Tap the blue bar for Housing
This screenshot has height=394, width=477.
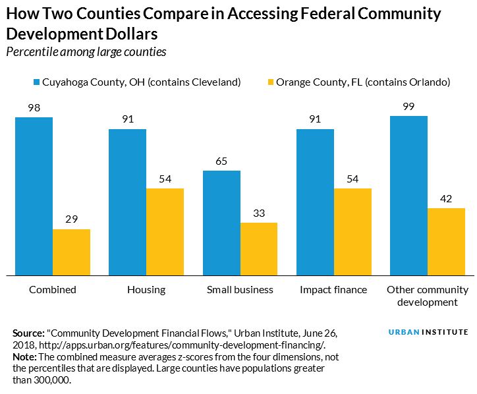point(127,202)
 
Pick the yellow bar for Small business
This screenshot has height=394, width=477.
point(259,248)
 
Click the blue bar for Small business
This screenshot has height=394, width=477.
point(221,223)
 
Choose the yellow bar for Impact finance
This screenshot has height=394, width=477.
point(352,231)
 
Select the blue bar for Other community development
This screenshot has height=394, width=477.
point(408,195)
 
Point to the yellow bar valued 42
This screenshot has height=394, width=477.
point(446,241)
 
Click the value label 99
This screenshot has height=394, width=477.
point(408,107)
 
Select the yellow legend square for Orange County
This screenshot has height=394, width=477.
point(269,83)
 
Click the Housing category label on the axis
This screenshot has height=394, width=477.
point(146,289)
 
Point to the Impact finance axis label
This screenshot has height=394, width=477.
point(333,289)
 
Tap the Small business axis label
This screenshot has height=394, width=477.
point(240,289)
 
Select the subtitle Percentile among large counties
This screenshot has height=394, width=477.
point(86,52)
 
